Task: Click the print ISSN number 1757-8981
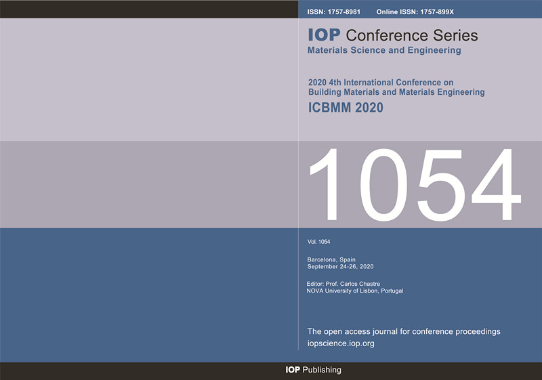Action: (344, 12)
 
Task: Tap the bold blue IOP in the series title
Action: (325, 35)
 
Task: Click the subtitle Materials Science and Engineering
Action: (384, 50)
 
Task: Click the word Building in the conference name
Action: (323, 92)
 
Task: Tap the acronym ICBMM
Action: (330, 108)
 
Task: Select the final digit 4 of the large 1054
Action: (497, 185)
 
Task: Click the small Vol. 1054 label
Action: (318, 242)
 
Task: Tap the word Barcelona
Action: (321, 259)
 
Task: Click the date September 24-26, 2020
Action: (341, 267)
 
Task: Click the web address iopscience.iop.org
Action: (341, 343)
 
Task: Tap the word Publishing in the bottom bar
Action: (322, 370)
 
